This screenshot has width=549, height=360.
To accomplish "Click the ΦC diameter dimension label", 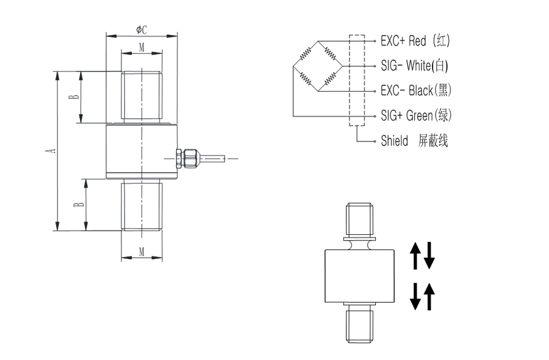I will click(142, 29).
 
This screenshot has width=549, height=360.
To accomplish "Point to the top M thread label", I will click(142, 47).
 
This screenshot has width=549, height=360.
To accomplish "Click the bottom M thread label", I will click(142, 251).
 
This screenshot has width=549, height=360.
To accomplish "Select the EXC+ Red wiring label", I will click(415, 41).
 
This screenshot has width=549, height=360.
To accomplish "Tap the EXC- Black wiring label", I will click(415, 90).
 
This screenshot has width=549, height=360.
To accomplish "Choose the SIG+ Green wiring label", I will click(415, 115).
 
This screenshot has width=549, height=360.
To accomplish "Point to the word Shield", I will click(394, 141).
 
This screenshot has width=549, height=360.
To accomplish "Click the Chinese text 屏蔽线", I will click(433, 141).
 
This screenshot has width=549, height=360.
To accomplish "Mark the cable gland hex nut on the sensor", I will click(181, 157).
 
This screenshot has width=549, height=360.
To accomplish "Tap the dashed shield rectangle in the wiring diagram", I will click(356, 79).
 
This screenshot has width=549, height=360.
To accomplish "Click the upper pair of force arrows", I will click(422, 255).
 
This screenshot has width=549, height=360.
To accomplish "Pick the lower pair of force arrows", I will click(422, 296).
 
